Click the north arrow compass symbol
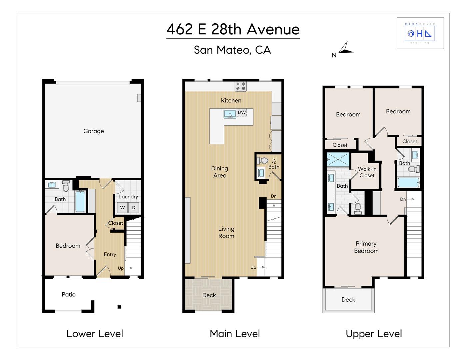pos(345,49)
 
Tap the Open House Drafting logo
pos(420,33)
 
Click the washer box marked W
pos(122,208)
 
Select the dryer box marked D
pos(134,208)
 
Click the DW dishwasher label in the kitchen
pos(242,112)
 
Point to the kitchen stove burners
pos(241,86)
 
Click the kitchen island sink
pos(230,114)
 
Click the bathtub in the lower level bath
pos(80,201)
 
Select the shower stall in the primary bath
pos(338,159)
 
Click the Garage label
pos(94,131)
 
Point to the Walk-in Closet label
pos(367,172)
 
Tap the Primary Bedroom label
pos(366,247)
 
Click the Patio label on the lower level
pos(69,294)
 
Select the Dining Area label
pos(220,172)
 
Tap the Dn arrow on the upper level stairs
pos(407,199)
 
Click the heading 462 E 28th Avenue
pos(233,29)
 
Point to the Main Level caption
pos(235,333)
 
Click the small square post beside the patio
pos(119,307)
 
